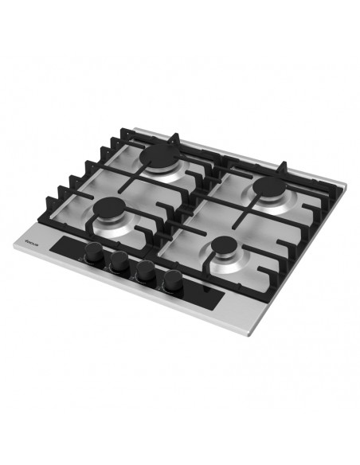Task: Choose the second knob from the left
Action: tap(119, 263)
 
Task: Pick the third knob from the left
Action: tap(145, 272)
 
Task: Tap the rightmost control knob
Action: tap(172, 280)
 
